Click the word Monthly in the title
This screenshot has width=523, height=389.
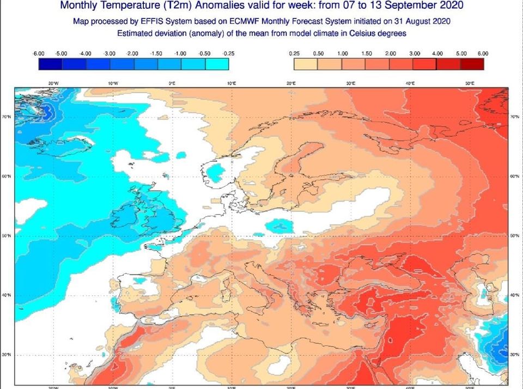click(81, 6)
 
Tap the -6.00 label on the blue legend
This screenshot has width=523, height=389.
click(38, 53)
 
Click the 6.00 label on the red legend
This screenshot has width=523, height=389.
click(483, 53)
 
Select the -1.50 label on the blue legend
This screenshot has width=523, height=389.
click(157, 53)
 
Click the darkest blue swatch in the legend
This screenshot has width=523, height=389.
click(50, 64)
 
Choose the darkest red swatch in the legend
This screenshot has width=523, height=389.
click(471, 64)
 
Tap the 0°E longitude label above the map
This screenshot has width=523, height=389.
click(172, 83)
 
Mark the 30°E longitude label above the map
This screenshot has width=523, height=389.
click(351, 83)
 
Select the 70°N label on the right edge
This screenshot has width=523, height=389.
click(515, 117)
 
